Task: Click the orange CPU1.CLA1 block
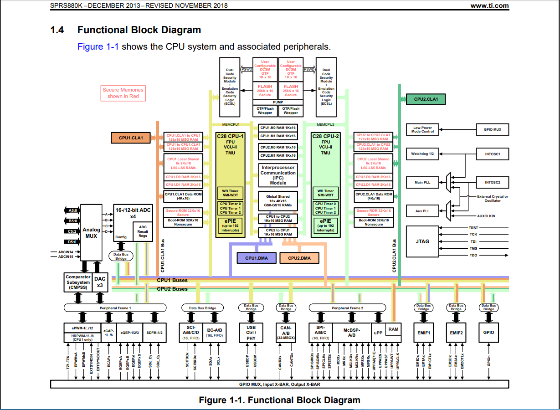click(x=131, y=138)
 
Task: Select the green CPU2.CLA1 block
click(x=422, y=99)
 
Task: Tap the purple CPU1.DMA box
click(x=257, y=258)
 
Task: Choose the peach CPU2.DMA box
click(x=299, y=258)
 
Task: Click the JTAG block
click(x=422, y=241)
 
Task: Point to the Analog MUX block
click(x=91, y=233)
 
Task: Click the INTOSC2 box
click(x=493, y=183)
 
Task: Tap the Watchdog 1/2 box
click(x=422, y=154)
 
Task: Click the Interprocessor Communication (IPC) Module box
click(x=278, y=175)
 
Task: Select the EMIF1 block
click(x=424, y=333)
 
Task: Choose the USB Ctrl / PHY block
click(x=251, y=333)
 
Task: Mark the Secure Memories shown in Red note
click(x=123, y=93)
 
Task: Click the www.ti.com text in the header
click(x=489, y=5)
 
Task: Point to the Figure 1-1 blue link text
click(x=98, y=46)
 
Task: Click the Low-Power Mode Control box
click(x=422, y=130)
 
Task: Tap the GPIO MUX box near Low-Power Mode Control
click(x=492, y=130)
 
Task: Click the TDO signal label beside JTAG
click(x=473, y=256)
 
